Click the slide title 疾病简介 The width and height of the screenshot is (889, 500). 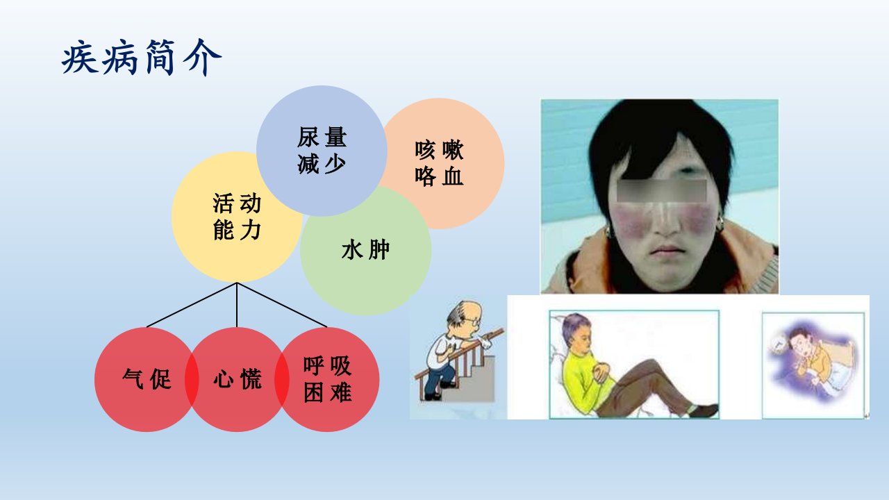[x=141, y=58]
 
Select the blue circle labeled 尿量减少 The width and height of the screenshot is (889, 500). [x=322, y=151]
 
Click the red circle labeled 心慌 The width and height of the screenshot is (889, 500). [x=237, y=379]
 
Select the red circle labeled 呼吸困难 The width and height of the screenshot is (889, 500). [x=327, y=379]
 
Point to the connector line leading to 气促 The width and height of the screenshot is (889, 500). [x=192, y=305]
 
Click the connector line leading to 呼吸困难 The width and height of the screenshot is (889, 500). [x=282, y=305]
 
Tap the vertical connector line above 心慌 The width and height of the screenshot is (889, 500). [x=237, y=305]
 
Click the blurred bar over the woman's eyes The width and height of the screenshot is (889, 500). [x=662, y=191]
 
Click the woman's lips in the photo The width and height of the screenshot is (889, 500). [x=667, y=251]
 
